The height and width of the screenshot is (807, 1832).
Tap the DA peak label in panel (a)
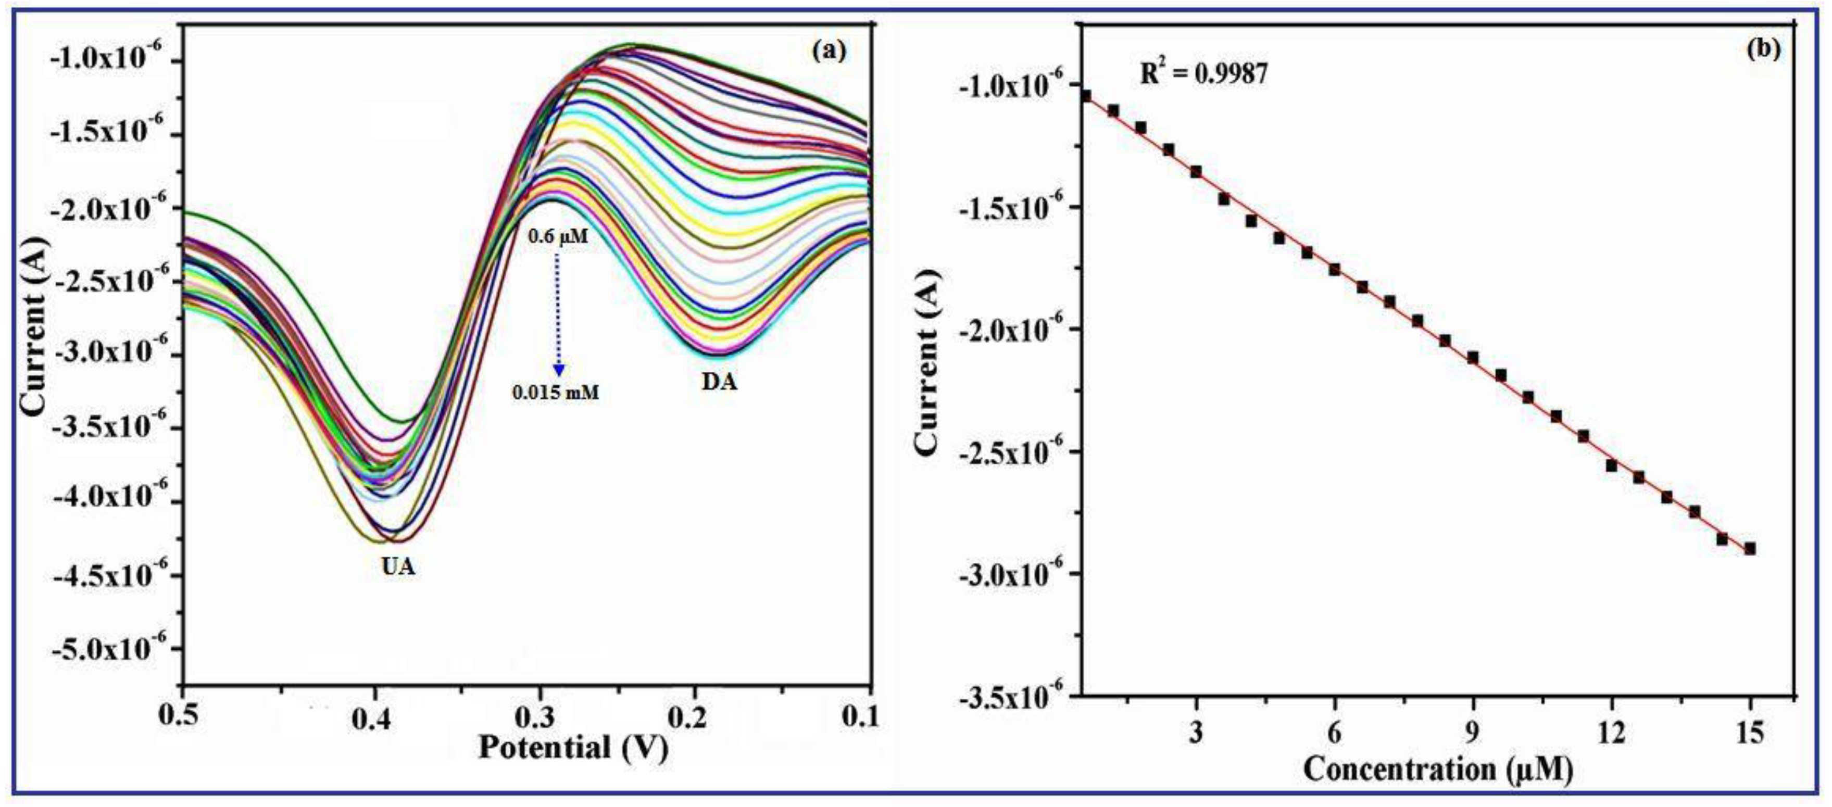pyautogui.click(x=719, y=383)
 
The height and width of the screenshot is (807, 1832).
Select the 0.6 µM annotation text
pyautogui.click(x=558, y=236)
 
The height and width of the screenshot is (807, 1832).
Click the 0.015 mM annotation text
pyautogui.click(x=556, y=391)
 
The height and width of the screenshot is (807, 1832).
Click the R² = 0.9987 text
pyautogui.click(x=1203, y=73)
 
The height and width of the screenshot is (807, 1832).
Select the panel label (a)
pyautogui.click(x=829, y=50)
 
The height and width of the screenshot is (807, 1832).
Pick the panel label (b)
pyautogui.click(x=1764, y=48)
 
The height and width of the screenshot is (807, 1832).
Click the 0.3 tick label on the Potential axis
pyautogui.click(x=541, y=718)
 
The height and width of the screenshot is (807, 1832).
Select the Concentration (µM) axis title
pyautogui.click(x=1437, y=770)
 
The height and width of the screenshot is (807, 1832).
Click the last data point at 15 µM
pyautogui.click(x=1750, y=548)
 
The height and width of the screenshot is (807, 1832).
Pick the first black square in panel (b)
pyautogui.click(x=1085, y=95)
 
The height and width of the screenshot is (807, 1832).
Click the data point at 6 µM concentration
pyautogui.click(x=1335, y=270)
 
